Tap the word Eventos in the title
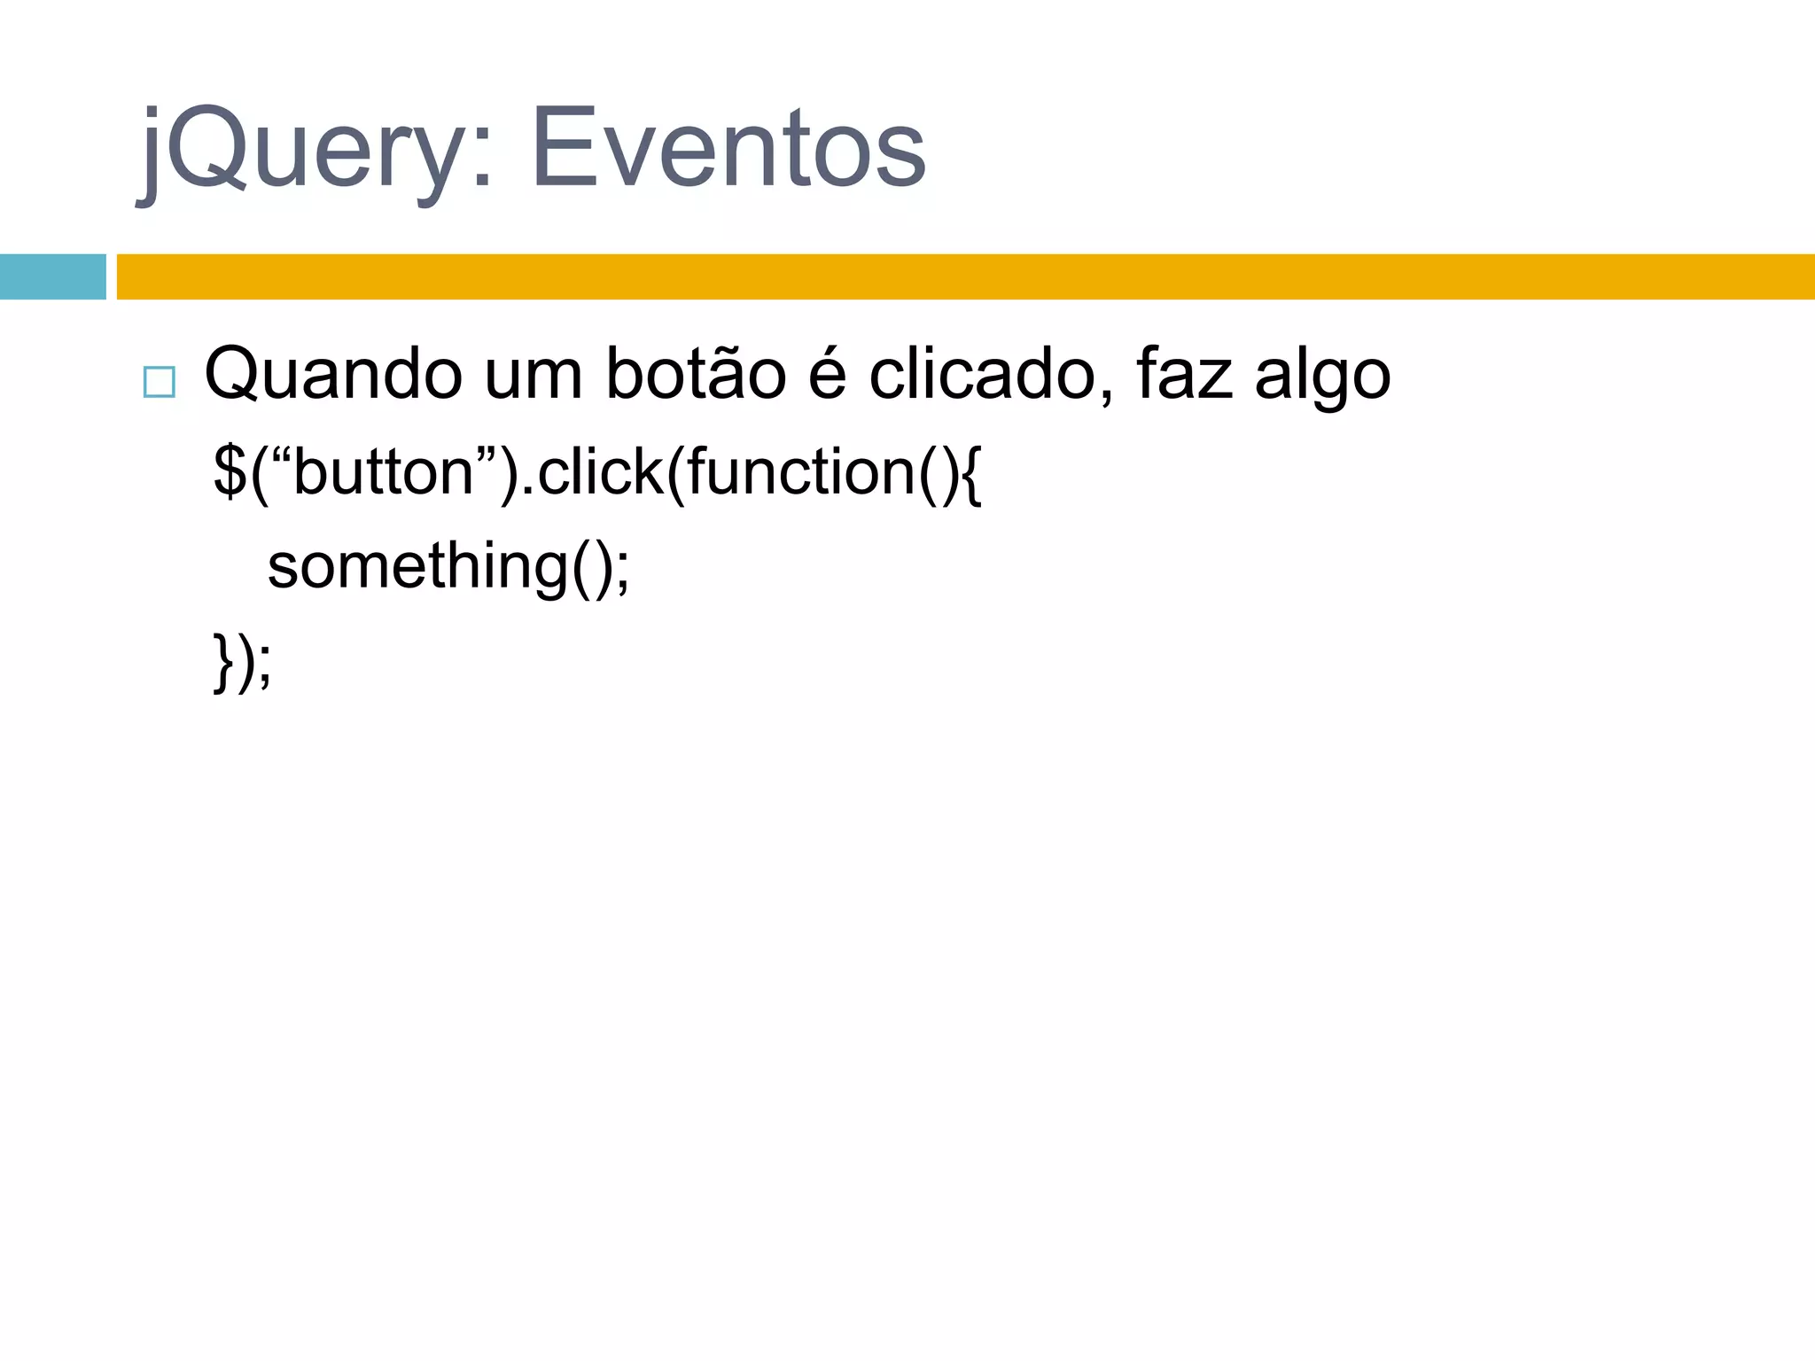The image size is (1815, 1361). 728,149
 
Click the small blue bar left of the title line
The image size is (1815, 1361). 52,276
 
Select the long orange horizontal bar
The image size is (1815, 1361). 965,276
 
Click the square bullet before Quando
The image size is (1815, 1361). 160,382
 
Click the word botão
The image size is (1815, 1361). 696,374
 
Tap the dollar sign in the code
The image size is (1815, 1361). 230,472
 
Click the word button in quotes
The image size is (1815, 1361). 383,472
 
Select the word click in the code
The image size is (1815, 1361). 600,472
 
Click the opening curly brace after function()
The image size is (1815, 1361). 970,474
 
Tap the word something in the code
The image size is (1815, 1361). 417,567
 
